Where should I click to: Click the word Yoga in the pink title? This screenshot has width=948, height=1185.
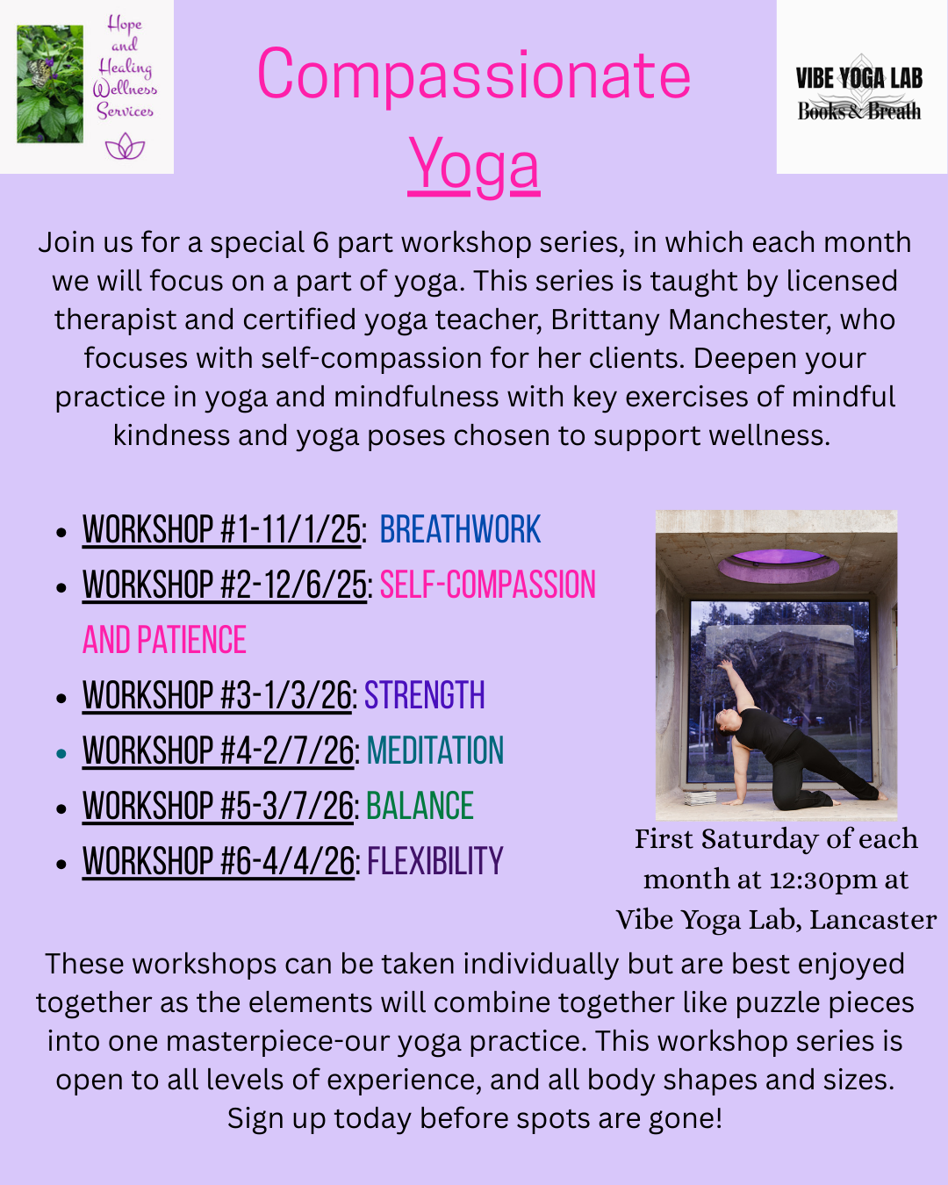click(x=474, y=165)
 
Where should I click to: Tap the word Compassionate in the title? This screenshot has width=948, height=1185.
click(x=474, y=75)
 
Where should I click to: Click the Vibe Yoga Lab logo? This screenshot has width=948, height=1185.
click(x=860, y=88)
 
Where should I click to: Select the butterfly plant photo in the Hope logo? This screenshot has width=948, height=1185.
click(x=50, y=83)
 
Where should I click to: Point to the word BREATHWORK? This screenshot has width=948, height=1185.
click(x=460, y=530)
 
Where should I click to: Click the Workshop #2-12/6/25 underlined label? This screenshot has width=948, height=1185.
click(x=225, y=585)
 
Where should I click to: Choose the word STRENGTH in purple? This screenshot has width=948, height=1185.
click(x=425, y=696)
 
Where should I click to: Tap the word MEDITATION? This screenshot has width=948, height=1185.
click(x=435, y=751)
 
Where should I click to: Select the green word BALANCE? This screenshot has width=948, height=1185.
click(x=420, y=807)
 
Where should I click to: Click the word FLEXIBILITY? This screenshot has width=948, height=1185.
click(x=435, y=862)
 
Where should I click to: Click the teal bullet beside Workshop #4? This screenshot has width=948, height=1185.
click(x=61, y=753)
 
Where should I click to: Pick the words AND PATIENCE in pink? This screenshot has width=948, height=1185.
click(x=165, y=641)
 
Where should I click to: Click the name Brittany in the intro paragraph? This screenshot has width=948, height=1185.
click(x=606, y=320)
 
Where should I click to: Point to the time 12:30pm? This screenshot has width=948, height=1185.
click(x=821, y=880)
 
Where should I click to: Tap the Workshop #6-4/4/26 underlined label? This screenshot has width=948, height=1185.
click(x=219, y=862)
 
